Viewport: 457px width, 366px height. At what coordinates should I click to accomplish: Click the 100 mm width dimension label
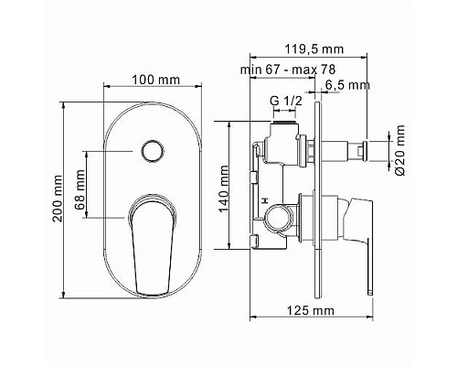[154, 80]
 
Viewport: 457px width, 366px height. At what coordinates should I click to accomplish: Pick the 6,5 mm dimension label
[349, 85]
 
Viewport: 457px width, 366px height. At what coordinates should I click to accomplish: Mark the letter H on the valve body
[262, 200]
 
